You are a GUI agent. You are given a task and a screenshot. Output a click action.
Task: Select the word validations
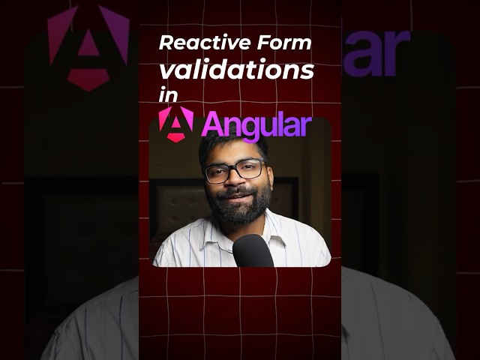(236, 70)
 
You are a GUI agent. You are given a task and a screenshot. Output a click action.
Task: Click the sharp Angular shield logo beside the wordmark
(175, 124)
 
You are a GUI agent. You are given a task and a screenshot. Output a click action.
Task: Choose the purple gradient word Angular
(255, 125)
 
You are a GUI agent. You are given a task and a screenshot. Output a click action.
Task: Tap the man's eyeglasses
(234, 171)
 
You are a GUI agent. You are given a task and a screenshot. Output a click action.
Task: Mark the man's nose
(235, 180)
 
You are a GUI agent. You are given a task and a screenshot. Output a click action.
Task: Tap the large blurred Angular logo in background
(79, 45)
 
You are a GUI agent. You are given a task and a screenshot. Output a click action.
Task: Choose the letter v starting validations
(166, 72)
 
